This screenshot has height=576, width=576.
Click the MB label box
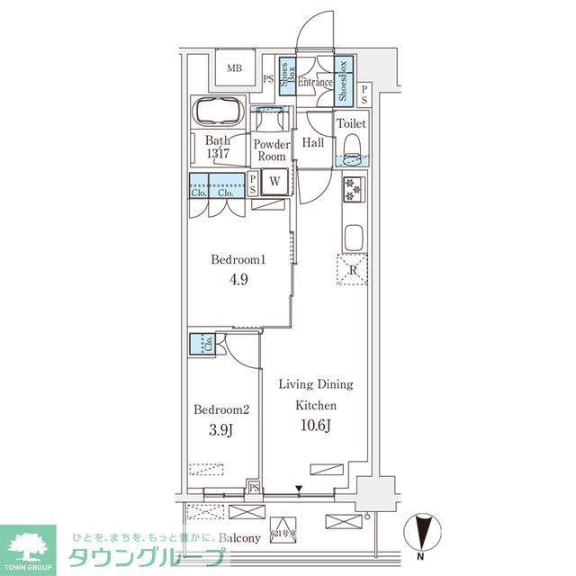point(234,68)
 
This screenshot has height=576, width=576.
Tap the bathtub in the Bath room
point(216,115)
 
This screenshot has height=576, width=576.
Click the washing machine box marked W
point(274,180)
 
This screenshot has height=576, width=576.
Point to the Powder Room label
point(271,149)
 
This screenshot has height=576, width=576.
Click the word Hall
point(313,143)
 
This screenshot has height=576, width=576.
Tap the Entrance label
point(315,83)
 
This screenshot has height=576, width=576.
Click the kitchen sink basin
point(353,238)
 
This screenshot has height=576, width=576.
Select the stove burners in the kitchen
point(352,191)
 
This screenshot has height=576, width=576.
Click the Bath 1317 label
point(217,147)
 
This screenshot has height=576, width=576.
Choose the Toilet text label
point(351,123)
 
